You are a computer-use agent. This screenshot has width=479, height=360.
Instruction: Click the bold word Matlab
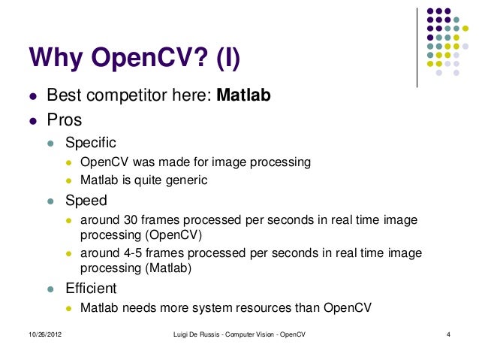point(243,97)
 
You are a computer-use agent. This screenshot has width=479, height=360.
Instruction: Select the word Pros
point(65,119)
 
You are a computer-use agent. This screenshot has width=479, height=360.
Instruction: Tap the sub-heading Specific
point(91,141)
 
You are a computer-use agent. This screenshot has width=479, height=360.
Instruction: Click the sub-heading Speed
point(86,201)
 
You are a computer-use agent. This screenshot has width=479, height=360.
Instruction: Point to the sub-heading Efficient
point(91,288)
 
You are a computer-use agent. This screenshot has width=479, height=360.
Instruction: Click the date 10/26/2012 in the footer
point(36,334)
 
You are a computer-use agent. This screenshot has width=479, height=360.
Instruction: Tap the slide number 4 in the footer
point(447,334)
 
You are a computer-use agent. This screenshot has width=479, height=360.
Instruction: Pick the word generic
point(185,180)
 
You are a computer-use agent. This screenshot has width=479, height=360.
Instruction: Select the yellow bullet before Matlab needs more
point(68,308)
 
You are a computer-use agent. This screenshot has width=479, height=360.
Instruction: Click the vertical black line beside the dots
point(417,45)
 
